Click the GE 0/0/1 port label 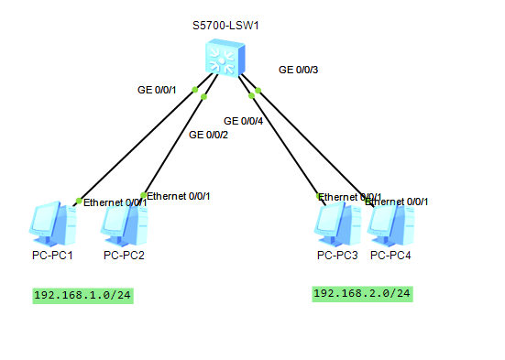click(156, 90)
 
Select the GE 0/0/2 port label click(208, 135)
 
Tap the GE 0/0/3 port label click(298, 70)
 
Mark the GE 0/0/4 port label click(244, 120)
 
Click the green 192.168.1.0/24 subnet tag click(82, 295)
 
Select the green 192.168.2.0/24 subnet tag click(363, 293)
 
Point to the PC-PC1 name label click(52, 255)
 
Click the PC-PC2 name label click(124, 255)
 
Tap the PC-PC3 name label click(337, 255)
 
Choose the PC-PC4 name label click(391, 255)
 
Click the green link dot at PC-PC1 click(79, 201)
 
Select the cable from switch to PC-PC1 click(137, 145)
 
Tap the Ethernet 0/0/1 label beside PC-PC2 click(179, 196)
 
